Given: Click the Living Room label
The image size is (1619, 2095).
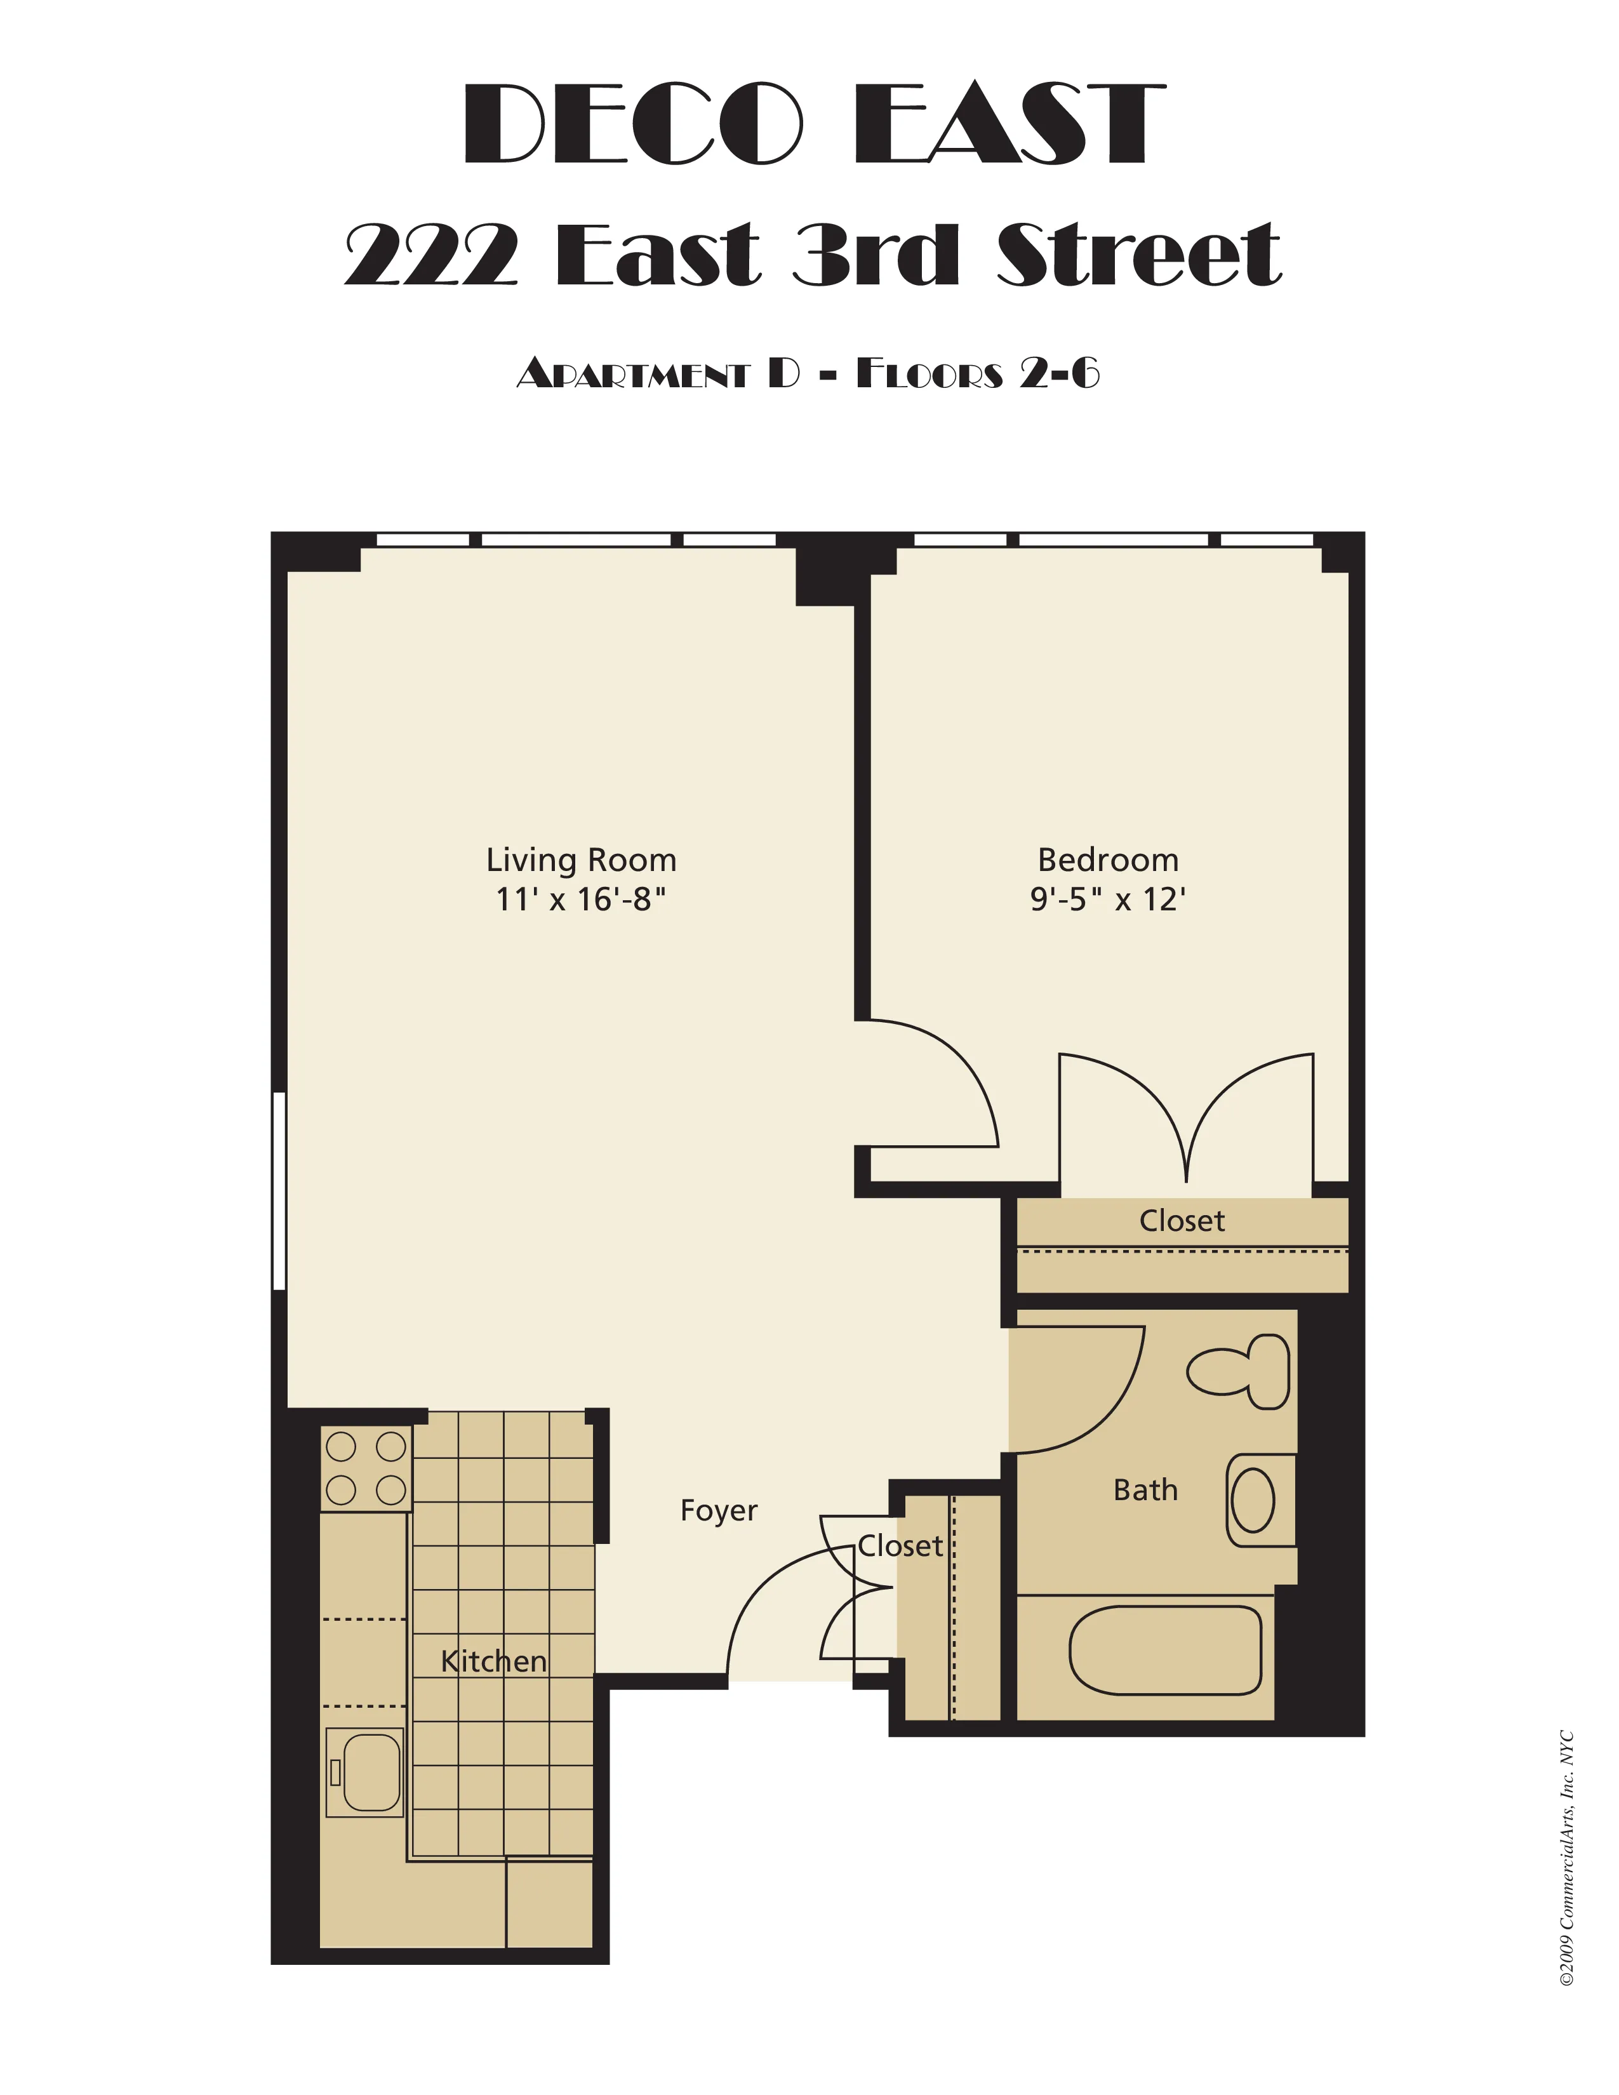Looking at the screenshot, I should coord(580,860).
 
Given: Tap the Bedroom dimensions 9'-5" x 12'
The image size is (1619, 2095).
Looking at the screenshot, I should coord(1108,900).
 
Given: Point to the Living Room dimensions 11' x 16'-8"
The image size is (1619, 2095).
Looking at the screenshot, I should coord(580,900).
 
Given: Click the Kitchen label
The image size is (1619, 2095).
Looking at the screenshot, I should coord(494,1661).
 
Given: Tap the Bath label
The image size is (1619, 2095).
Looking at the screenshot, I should coord(1145,1491).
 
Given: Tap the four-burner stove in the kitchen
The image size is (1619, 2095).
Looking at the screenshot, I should coord(366,1468).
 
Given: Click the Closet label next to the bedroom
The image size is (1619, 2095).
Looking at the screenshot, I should coord(1182,1221).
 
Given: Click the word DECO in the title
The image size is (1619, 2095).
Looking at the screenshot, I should coord(633,124).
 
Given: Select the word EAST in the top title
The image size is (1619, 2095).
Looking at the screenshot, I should coord(1009,124).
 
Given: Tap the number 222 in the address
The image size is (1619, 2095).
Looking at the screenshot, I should coord(432,254).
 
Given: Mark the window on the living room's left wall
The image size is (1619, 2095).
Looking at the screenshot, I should coord(279,1190).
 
